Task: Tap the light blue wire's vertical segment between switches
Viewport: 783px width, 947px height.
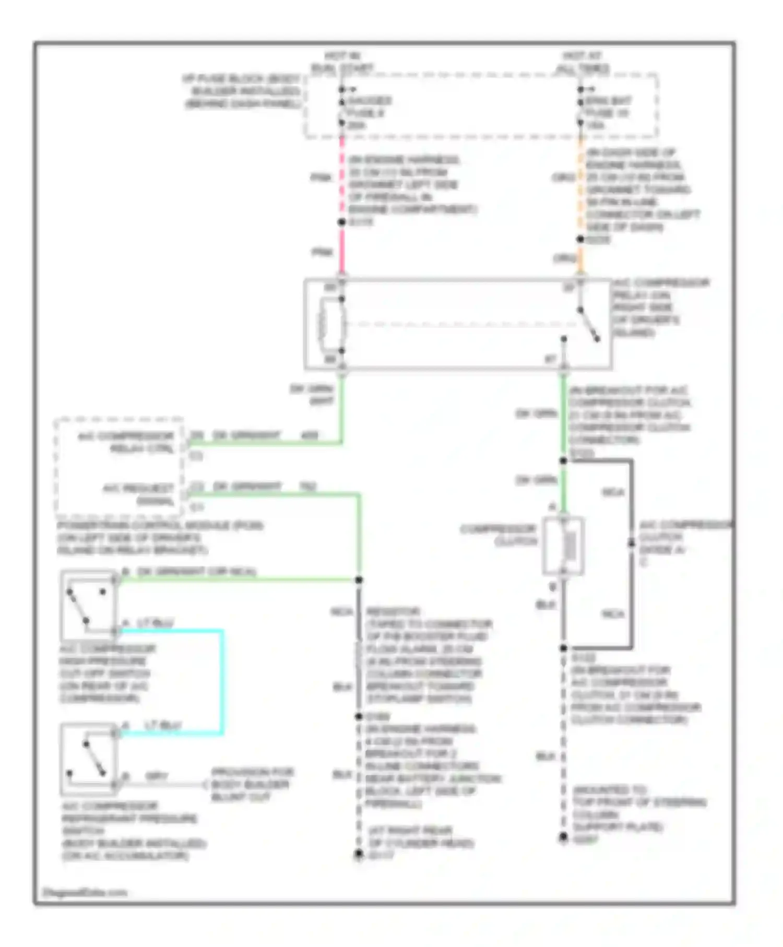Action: click(x=223, y=681)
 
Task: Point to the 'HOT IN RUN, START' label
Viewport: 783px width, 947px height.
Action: click(x=342, y=62)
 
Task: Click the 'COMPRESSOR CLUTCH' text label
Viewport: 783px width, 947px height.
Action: click(x=499, y=535)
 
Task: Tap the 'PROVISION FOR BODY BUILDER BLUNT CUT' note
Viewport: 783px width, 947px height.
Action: click(x=252, y=784)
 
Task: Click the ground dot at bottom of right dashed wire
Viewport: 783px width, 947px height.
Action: click(x=563, y=837)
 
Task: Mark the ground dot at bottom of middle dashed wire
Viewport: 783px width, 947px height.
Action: click(x=359, y=854)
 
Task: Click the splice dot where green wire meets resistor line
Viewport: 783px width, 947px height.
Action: click(x=359, y=580)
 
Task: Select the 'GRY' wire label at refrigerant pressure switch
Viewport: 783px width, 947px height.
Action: click(x=156, y=776)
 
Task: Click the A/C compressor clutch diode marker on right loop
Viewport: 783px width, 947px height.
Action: click(x=631, y=544)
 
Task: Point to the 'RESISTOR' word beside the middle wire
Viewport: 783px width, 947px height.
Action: click(x=393, y=611)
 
